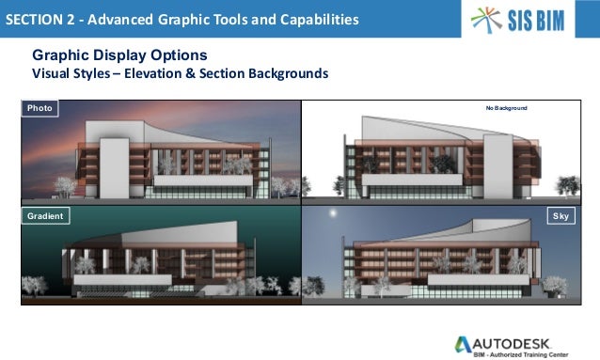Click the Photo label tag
39,108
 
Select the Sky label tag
561,216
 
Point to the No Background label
506,109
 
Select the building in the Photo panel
160,155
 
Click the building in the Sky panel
442,258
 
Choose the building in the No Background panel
442,150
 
